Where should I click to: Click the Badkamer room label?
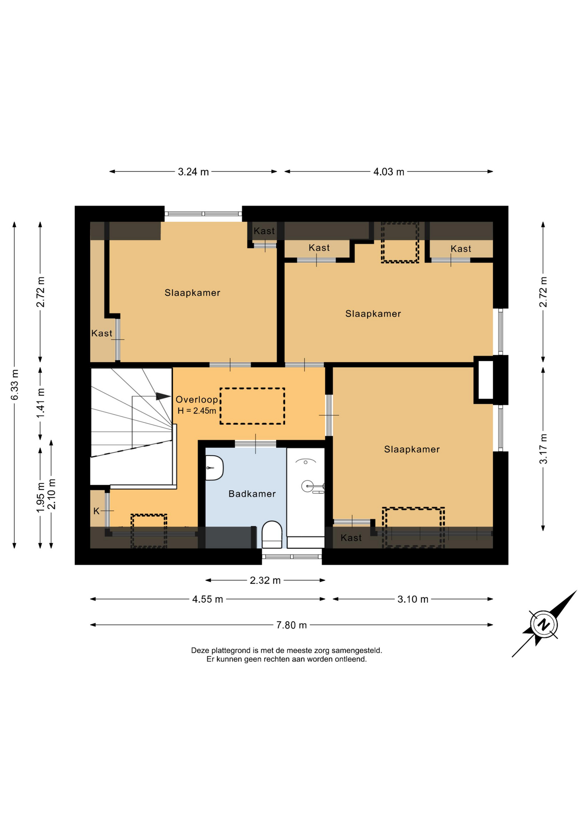click(x=252, y=494)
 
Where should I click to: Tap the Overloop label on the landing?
click(x=197, y=399)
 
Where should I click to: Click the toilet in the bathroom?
click(x=272, y=535)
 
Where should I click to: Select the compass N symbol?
click(x=543, y=625)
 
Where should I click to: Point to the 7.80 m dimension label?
click(x=291, y=625)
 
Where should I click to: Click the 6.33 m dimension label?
click(x=14, y=385)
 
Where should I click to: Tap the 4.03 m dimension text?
click(x=389, y=172)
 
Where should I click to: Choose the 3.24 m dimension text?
click(x=193, y=172)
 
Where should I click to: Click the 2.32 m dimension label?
click(x=265, y=580)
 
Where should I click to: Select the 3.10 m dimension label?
click(x=413, y=599)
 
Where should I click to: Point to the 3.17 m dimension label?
click(x=543, y=449)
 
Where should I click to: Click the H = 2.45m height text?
click(x=197, y=411)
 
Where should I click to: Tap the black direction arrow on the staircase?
click(x=163, y=396)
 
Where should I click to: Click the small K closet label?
click(x=97, y=511)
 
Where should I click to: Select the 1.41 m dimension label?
click(x=40, y=403)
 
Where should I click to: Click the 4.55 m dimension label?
click(x=207, y=599)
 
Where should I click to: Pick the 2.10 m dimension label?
click(x=51, y=494)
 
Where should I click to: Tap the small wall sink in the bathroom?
click(x=214, y=468)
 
